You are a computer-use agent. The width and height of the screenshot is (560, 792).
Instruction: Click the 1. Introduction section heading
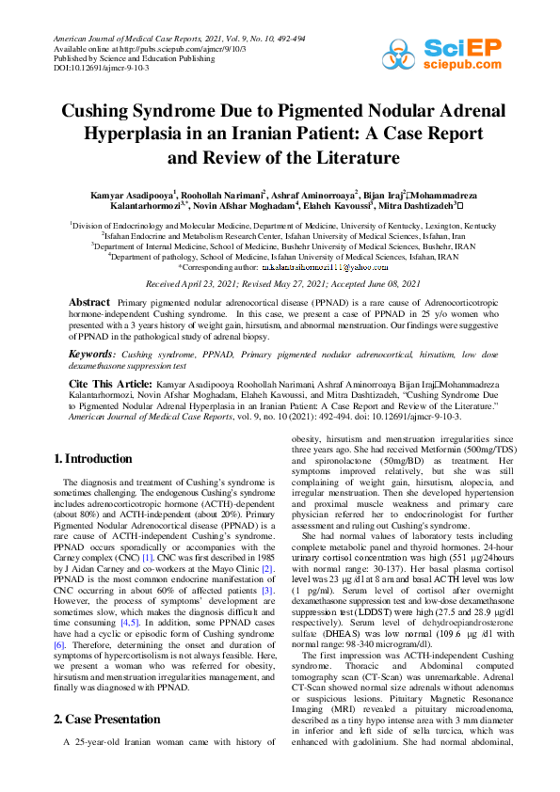tap(92, 459)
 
